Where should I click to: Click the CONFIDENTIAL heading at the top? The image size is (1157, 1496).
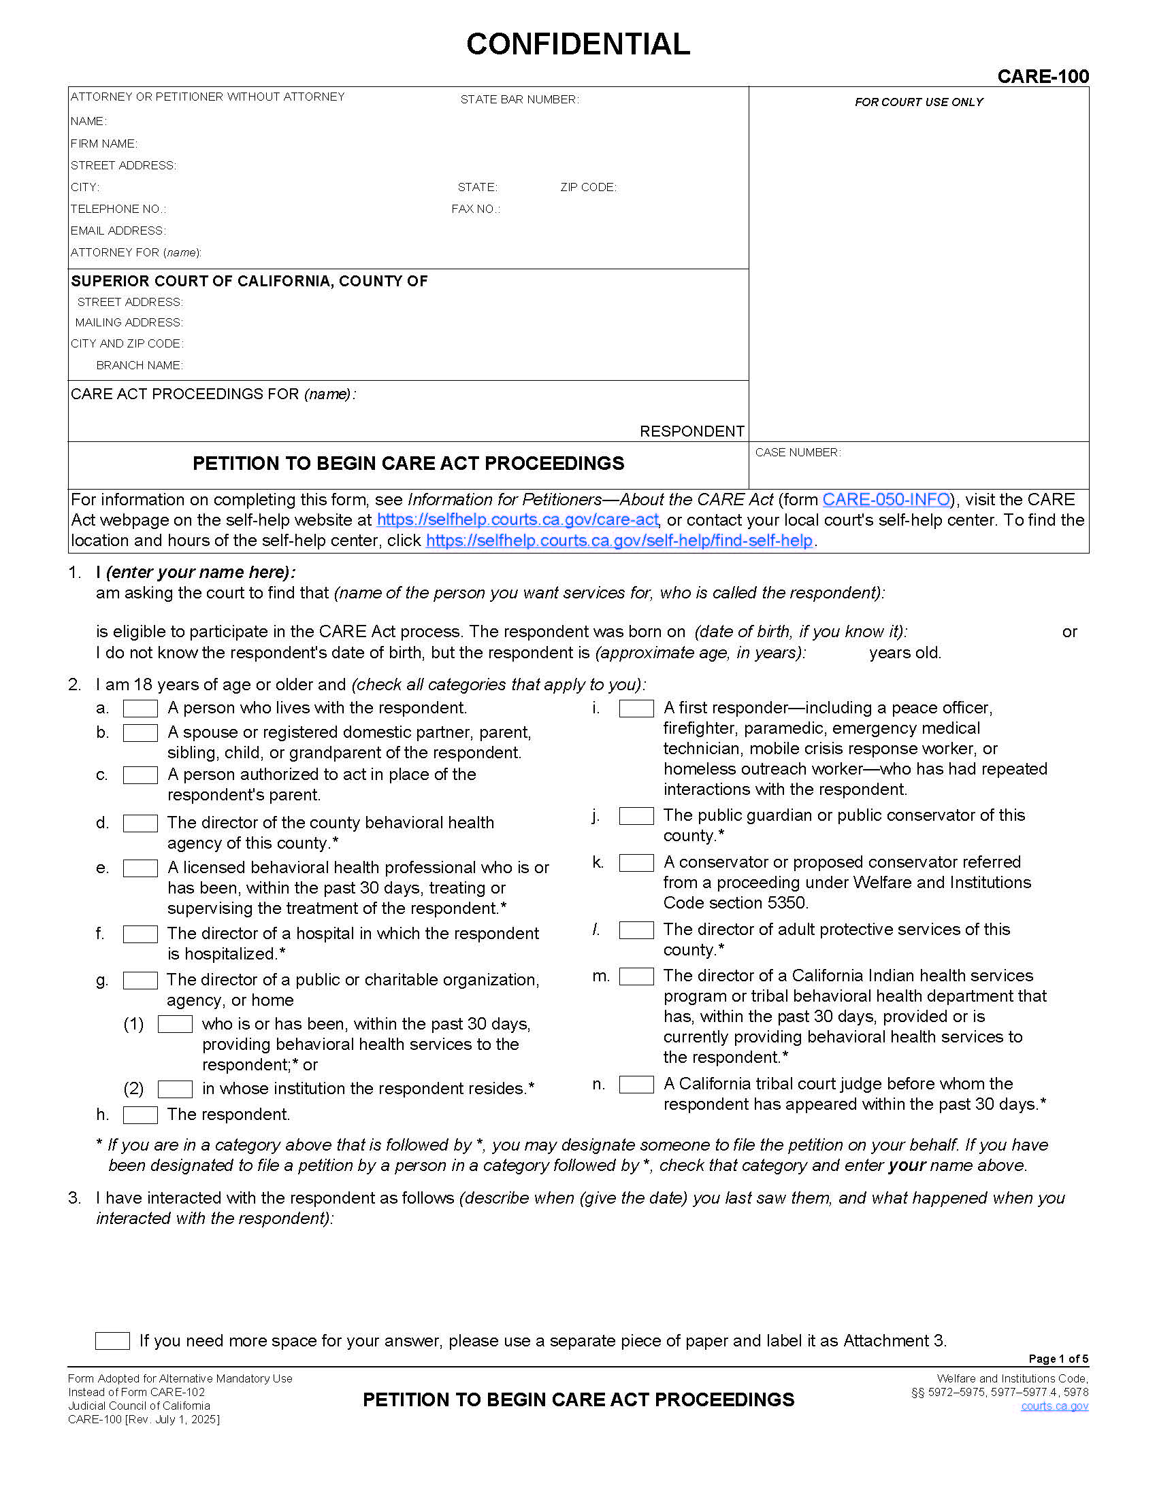pyautogui.click(x=578, y=44)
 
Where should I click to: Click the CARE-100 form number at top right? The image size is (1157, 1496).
pyautogui.click(x=1043, y=76)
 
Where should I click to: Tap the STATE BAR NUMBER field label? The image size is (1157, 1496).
pyautogui.click(x=519, y=100)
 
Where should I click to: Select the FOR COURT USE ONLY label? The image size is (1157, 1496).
pyautogui.click(x=919, y=102)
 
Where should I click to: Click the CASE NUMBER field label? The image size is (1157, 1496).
pyautogui.click(x=797, y=452)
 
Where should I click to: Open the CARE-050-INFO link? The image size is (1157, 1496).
pyautogui.click(x=885, y=499)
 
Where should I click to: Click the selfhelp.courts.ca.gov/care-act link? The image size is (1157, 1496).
pyautogui.click(x=517, y=520)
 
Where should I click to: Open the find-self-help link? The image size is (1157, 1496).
pyautogui.click(x=619, y=541)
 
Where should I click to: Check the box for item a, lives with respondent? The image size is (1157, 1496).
pyautogui.click(x=140, y=709)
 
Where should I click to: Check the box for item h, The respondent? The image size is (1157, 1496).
pyautogui.click(x=140, y=1115)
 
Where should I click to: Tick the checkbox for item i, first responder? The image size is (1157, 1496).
pyautogui.click(x=636, y=709)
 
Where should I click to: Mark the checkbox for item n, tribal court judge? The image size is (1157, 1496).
pyautogui.click(x=636, y=1085)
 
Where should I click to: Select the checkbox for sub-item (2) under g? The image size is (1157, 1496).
pyautogui.click(x=175, y=1089)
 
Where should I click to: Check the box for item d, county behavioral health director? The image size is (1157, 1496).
pyautogui.click(x=140, y=823)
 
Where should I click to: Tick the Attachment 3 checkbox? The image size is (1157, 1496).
pyautogui.click(x=112, y=1340)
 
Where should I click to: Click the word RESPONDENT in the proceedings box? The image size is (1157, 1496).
pyautogui.click(x=691, y=431)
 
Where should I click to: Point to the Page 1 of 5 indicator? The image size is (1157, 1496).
pyautogui.click(x=1058, y=1359)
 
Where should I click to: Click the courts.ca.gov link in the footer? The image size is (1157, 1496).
pyautogui.click(x=1054, y=1406)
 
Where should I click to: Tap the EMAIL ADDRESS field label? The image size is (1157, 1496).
pyautogui.click(x=118, y=231)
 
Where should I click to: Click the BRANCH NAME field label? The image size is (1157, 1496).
pyautogui.click(x=139, y=365)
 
